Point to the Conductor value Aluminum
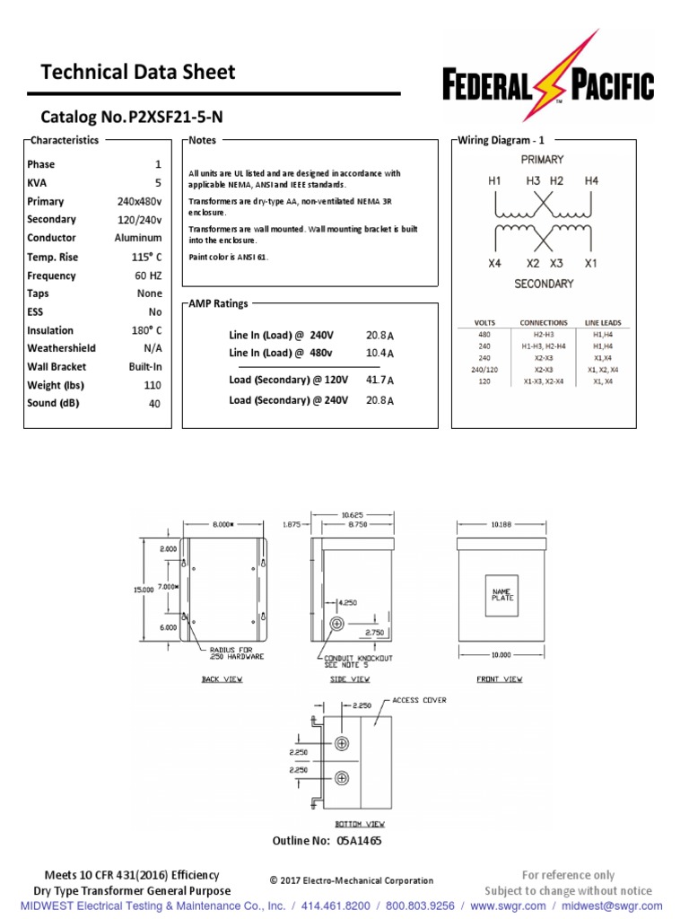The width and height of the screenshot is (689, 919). tap(138, 238)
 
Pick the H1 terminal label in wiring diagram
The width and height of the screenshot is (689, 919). tap(494, 180)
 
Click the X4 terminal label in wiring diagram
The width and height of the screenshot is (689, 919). tap(494, 264)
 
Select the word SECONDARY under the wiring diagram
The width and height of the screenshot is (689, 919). tap(544, 284)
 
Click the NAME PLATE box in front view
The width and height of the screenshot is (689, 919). tap(502, 594)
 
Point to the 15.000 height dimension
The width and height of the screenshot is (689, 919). tap(144, 590)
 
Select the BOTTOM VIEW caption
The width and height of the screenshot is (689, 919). tap(361, 824)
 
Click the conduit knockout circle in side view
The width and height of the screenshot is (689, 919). tap(337, 623)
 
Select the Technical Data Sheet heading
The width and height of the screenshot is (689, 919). tap(138, 72)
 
